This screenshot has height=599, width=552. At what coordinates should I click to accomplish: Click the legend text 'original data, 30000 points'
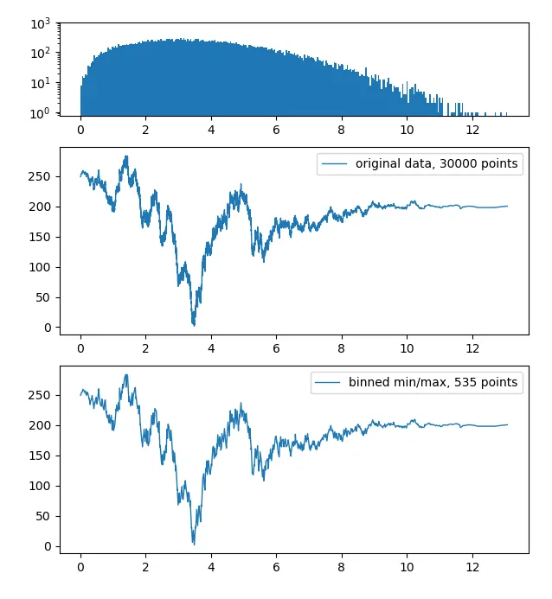tap(438, 164)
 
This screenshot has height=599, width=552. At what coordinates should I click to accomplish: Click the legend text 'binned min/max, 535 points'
tap(435, 383)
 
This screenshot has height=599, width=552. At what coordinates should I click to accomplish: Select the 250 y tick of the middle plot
tap(41, 176)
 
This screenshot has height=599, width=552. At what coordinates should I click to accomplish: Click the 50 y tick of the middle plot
tap(43, 297)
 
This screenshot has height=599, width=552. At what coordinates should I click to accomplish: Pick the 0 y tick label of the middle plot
tap(47, 328)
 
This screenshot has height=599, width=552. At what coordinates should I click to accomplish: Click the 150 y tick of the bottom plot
tap(41, 456)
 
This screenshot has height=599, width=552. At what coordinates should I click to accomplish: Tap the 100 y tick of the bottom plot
tap(41, 486)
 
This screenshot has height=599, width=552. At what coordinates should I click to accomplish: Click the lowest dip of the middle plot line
tap(194, 325)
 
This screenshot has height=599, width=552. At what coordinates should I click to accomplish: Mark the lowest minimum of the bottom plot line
tap(194, 544)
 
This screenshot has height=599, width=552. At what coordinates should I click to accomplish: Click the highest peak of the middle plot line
tap(127, 156)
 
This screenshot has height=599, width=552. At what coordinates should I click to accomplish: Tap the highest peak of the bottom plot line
tap(127, 375)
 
